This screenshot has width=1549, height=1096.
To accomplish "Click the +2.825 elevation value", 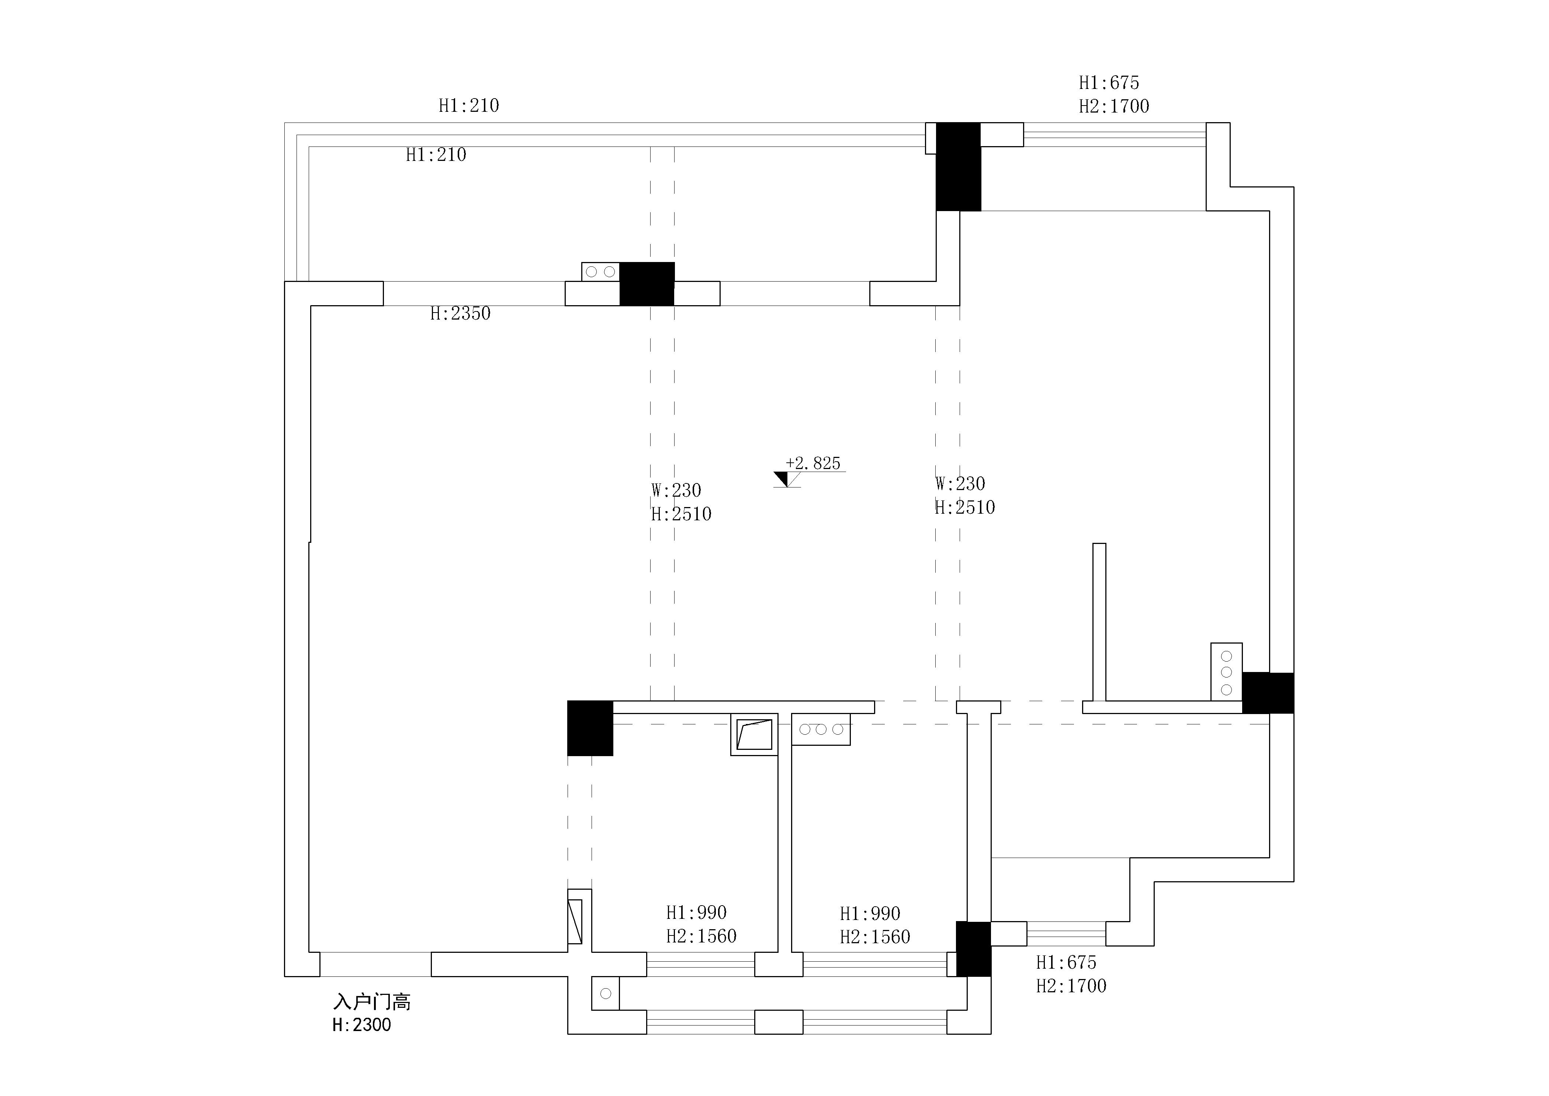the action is point(813,463).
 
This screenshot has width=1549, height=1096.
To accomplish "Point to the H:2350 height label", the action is point(460,313).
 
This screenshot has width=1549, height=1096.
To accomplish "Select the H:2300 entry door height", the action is point(361,1025).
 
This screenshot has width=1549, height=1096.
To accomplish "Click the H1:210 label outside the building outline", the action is point(469,105).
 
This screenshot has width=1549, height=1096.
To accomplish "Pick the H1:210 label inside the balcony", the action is point(436,155).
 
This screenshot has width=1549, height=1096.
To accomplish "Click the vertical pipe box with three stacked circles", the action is point(1227,672).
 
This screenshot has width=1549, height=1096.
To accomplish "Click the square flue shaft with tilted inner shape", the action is point(754,734).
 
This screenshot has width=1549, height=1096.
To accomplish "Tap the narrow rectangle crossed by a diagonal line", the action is point(575,921).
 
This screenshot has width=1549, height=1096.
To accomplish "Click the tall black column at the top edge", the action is point(959,167).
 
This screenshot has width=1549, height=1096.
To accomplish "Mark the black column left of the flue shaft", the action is point(590,728).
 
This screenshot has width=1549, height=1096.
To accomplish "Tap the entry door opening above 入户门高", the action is point(376,964).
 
